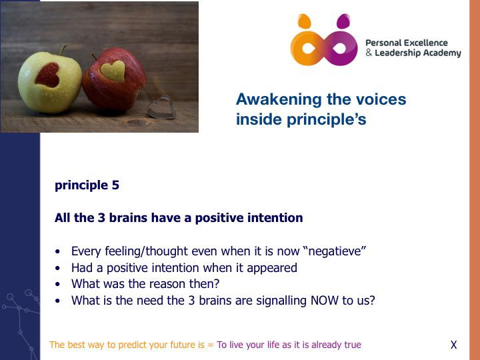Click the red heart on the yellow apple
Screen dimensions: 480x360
47,75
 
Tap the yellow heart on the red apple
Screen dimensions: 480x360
113,71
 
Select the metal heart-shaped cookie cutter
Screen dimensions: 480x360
161,107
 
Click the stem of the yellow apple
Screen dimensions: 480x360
63,49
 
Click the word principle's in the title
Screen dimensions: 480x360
326,119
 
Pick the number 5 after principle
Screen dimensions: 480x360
115,185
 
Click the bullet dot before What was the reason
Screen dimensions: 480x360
58,285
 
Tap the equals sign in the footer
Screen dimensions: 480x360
211,345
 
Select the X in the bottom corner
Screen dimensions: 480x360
454,345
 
